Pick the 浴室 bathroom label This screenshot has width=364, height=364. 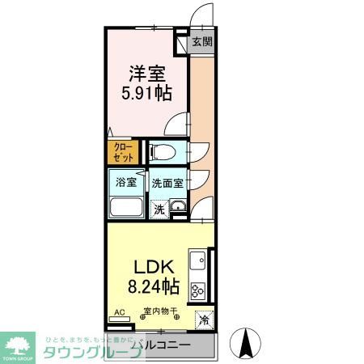tap(125, 182)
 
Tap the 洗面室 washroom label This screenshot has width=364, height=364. tap(169, 182)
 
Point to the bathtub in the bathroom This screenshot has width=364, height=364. tap(125, 206)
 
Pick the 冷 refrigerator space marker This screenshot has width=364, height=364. tap(204, 320)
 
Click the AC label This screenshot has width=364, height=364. tap(119, 311)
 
